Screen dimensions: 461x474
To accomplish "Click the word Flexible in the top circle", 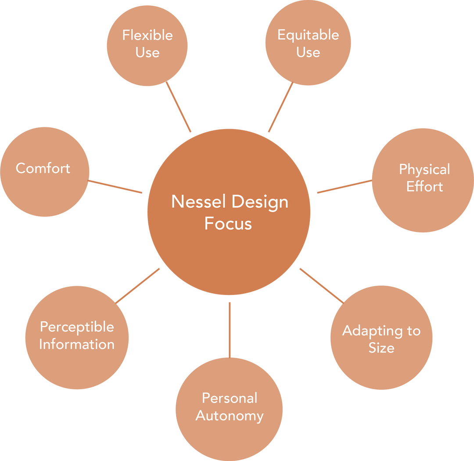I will tap(147, 35).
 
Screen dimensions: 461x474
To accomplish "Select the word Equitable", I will tap(308, 35).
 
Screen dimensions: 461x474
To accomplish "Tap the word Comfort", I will tap(43, 168).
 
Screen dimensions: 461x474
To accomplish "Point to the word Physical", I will tap(424, 169).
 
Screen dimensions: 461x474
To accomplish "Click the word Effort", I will tap(424, 187).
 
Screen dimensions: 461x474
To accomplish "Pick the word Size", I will tap(381, 348).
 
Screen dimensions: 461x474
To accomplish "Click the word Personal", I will tap(230, 398).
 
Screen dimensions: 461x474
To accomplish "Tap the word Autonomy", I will tap(230, 415).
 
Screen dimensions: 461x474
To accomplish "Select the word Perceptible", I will tap(77, 327).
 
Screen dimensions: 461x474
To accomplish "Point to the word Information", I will tap(77, 344).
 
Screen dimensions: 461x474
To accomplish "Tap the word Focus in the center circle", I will tap(228, 223).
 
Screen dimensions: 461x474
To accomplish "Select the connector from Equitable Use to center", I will tap(280, 108).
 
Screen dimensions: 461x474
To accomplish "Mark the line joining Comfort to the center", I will tap(115, 187).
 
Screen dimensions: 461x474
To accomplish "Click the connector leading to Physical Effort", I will tap(344, 186).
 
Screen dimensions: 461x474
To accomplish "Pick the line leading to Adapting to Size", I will tap(321, 285).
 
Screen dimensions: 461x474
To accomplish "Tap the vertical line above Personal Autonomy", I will tap(230, 329).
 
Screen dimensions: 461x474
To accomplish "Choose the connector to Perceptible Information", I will tap(138, 285).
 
